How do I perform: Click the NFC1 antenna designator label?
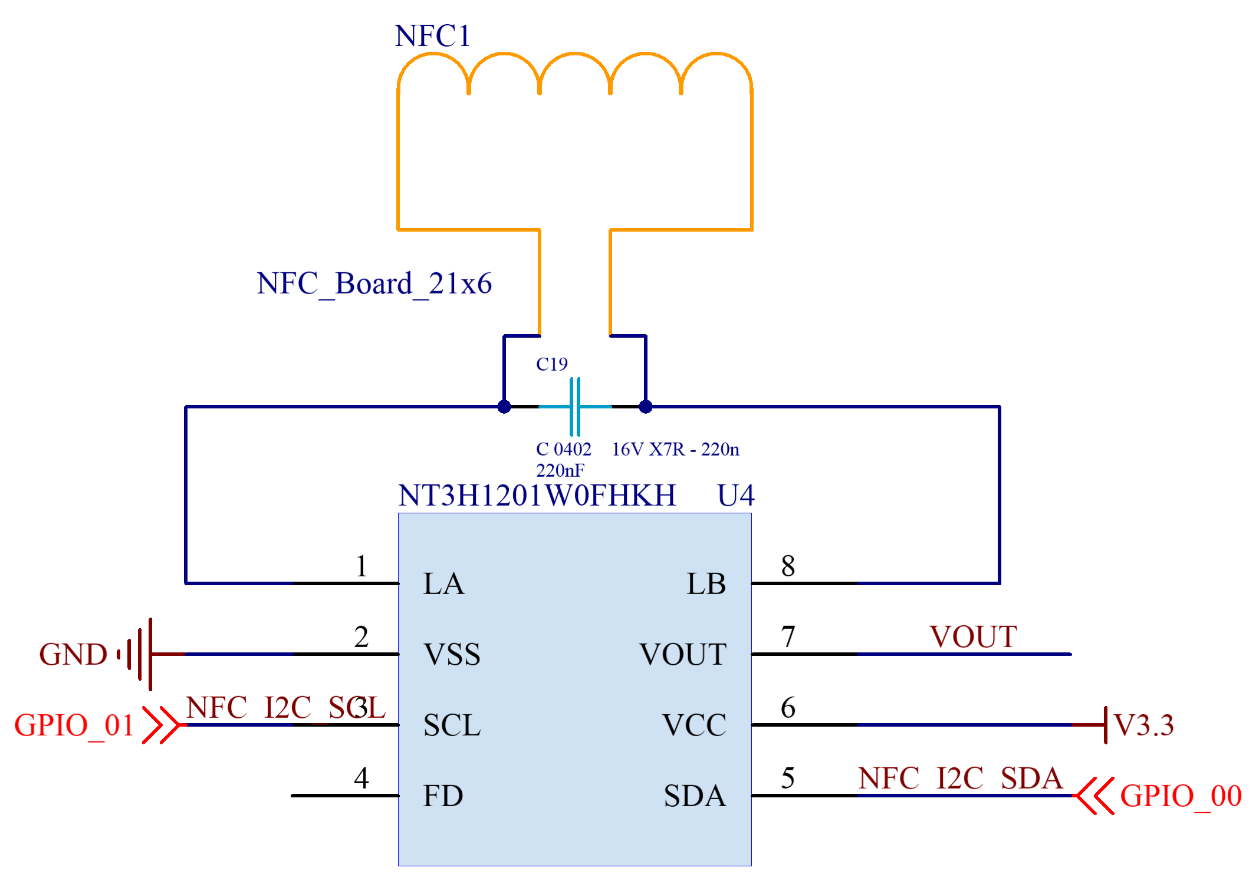click(x=432, y=36)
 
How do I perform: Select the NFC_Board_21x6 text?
click(x=374, y=284)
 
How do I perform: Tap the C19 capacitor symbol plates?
click(x=575, y=407)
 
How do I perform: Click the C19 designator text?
click(x=551, y=364)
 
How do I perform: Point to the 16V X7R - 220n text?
click(x=675, y=450)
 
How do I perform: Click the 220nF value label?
click(x=560, y=470)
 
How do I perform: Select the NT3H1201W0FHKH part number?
click(x=537, y=496)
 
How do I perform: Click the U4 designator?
click(x=735, y=496)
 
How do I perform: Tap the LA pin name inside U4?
click(x=443, y=584)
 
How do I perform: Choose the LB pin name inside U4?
click(x=706, y=584)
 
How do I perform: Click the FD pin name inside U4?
click(x=443, y=796)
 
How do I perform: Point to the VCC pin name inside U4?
click(x=694, y=725)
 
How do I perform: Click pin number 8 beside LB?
click(x=788, y=566)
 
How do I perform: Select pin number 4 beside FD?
click(x=361, y=778)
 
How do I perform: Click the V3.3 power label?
click(x=1144, y=725)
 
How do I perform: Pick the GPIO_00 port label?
click(x=1181, y=796)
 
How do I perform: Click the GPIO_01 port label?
click(x=74, y=725)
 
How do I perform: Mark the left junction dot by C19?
click(x=504, y=407)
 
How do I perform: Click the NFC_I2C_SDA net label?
click(x=960, y=779)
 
